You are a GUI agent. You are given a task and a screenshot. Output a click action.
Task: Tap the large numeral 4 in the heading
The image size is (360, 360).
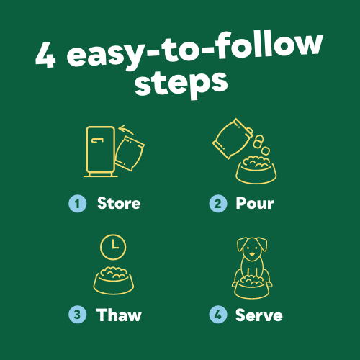point(45,55)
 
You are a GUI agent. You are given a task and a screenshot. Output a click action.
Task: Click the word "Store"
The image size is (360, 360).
point(119,203)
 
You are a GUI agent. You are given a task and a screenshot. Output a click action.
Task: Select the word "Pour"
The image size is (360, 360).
point(254,203)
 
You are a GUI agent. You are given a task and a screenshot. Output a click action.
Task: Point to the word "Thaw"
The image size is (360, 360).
point(119,315)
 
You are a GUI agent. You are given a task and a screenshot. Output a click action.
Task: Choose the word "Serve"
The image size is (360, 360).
point(258,315)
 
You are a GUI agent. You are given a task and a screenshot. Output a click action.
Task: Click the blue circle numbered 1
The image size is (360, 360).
point(77,204)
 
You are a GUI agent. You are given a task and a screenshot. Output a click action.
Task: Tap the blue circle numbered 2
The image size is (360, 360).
point(217,204)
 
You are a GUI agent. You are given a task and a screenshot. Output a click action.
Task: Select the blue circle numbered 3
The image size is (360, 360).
point(77,315)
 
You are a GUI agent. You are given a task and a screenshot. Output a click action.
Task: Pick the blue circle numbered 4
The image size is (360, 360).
point(217,315)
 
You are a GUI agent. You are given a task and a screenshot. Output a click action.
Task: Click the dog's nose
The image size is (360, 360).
point(252,254)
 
